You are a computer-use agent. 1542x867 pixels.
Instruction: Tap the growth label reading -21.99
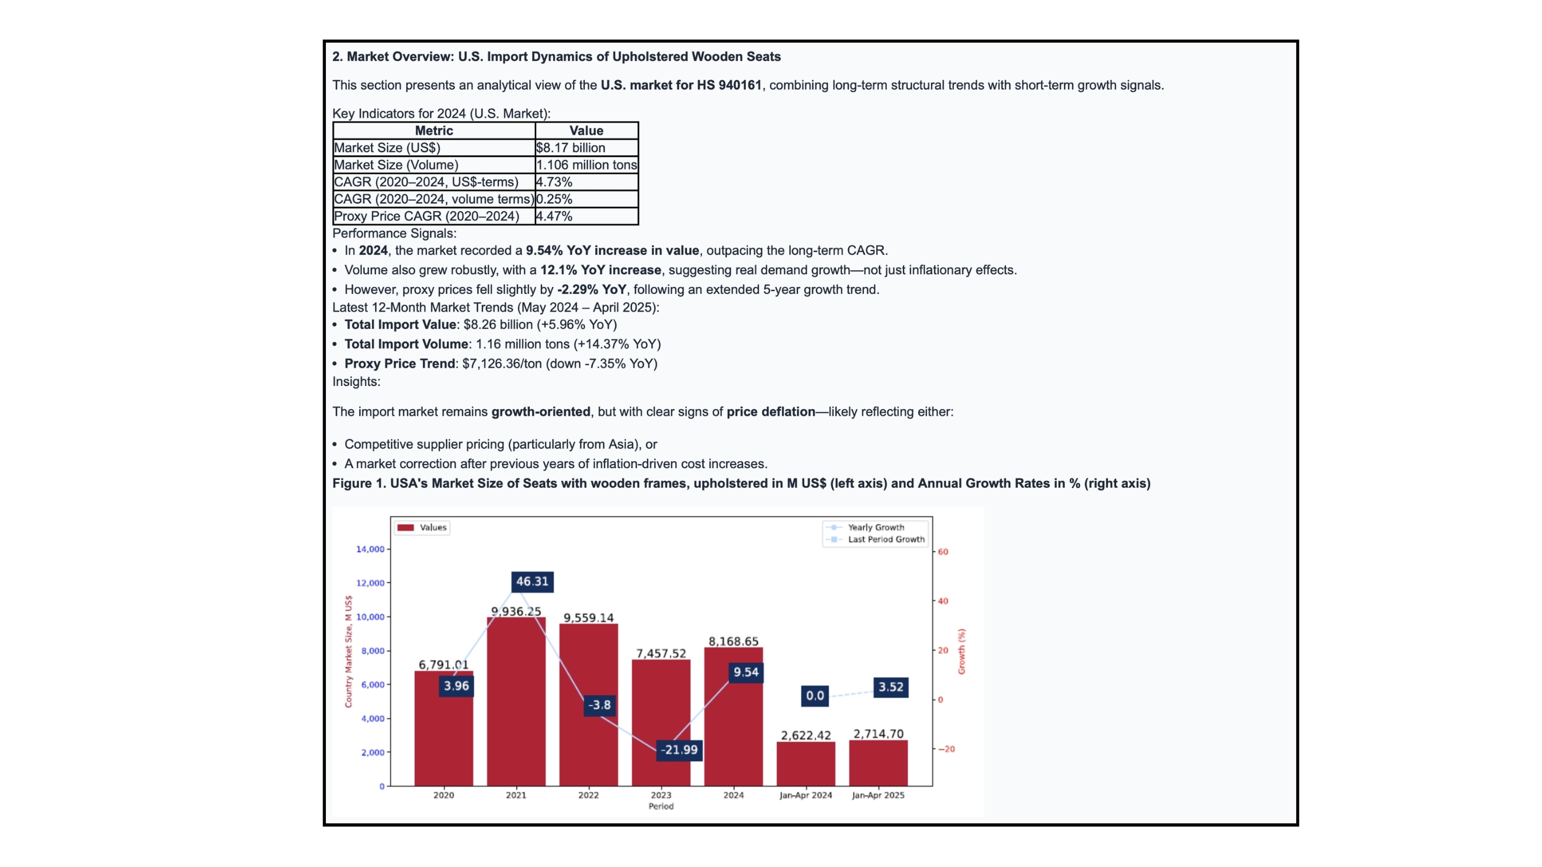(679, 750)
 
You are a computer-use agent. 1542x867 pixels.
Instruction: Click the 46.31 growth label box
(532, 582)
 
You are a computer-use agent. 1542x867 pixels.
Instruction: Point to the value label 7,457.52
(661, 653)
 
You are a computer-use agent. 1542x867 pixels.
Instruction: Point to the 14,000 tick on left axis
(370, 549)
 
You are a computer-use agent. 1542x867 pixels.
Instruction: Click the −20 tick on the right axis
(946, 749)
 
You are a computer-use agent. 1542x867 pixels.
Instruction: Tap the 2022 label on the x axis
(588, 795)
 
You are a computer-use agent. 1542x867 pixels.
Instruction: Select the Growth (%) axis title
(961, 651)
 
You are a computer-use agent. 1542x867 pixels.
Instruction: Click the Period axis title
(661, 806)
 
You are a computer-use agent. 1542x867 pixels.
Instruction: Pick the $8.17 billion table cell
(571, 148)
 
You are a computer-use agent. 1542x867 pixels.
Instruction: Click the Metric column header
(434, 130)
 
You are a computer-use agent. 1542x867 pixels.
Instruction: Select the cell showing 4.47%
(554, 216)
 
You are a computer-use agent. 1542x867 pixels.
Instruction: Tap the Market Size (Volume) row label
(396, 165)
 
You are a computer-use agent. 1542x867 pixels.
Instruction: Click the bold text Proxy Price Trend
(400, 364)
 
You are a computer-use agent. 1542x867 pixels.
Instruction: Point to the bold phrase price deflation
(770, 412)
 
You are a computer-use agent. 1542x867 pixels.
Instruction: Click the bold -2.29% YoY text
(592, 290)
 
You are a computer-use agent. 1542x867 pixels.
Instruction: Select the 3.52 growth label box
(891, 687)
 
